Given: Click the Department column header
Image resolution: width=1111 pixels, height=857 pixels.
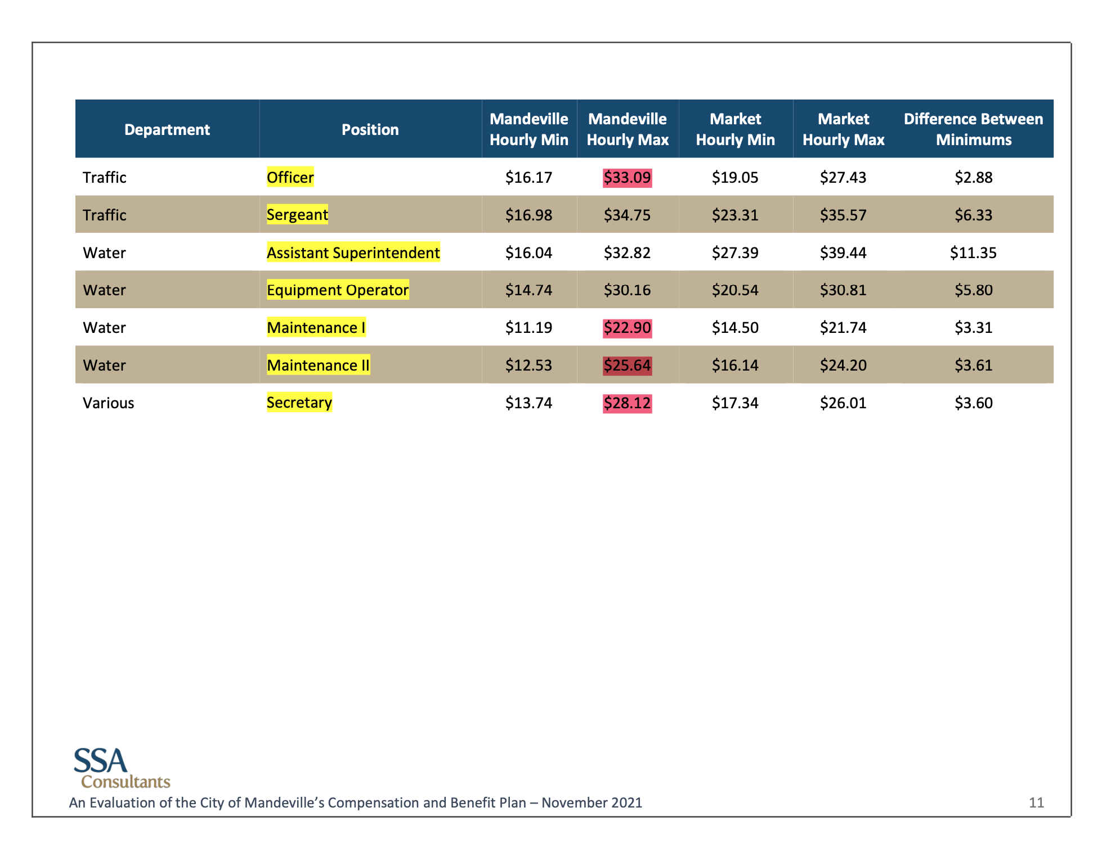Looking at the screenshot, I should pyautogui.click(x=167, y=130).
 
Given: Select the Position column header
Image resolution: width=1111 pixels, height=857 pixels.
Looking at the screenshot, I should pyautogui.click(x=370, y=130).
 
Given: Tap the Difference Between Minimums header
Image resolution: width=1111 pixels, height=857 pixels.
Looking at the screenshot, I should pyautogui.click(x=973, y=129).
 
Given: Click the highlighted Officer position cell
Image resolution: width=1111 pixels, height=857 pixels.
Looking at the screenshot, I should pyautogui.click(x=290, y=178).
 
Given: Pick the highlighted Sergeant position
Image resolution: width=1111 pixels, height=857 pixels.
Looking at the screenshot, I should pyautogui.click(x=297, y=215).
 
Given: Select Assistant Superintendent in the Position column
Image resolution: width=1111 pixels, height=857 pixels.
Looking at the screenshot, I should pyautogui.click(x=353, y=252).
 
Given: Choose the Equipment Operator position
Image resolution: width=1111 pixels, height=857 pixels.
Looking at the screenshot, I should pyautogui.click(x=337, y=290).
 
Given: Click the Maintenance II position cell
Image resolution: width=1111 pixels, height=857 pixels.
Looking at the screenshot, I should pyautogui.click(x=318, y=366).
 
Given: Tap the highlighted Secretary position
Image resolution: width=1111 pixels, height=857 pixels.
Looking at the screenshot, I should pyautogui.click(x=299, y=403).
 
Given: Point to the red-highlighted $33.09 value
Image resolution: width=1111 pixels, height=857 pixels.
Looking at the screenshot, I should pyautogui.click(x=627, y=178).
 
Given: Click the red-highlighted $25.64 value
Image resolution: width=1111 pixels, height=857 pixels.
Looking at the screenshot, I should pyautogui.click(x=627, y=366).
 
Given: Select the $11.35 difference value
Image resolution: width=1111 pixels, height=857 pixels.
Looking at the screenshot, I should pyautogui.click(x=973, y=252).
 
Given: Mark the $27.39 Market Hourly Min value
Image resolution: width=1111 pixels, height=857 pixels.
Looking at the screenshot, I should pyautogui.click(x=735, y=252).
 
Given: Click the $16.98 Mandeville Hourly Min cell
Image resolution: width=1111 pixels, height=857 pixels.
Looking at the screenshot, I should pyautogui.click(x=528, y=215).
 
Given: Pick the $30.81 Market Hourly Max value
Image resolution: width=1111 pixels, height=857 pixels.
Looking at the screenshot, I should pyautogui.click(x=843, y=290).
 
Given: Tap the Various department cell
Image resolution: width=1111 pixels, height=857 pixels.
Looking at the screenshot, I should pyautogui.click(x=109, y=403).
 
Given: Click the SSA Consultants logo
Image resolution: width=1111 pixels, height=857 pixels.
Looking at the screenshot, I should pyautogui.click(x=122, y=768).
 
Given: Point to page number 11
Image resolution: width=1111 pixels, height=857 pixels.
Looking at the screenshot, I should pyautogui.click(x=1036, y=802).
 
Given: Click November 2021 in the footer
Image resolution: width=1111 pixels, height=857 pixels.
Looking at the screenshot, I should pyautogui.click(x=592, y=802).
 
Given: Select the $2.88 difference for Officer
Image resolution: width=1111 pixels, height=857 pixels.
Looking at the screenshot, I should pyautogui.click(x=973, y=178).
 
